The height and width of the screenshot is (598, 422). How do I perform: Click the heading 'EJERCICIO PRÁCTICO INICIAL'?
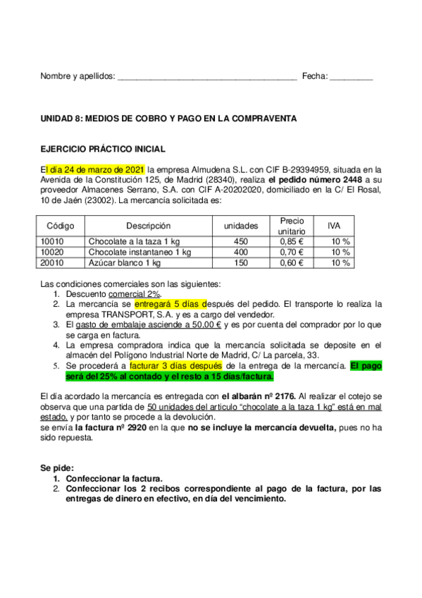click(x=102, y=149)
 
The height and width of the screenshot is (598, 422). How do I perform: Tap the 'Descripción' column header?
click(x=149, y=226)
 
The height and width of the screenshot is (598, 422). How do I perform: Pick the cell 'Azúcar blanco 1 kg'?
click(x=125, y=263)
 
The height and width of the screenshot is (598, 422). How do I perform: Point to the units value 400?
click(x=240, y=252)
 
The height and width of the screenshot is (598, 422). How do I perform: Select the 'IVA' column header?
click(x=335, y=226)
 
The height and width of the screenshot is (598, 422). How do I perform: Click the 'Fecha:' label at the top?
click(x=314, y=75)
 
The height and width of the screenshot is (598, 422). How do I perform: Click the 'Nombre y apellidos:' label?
click(x=77, y=75)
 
